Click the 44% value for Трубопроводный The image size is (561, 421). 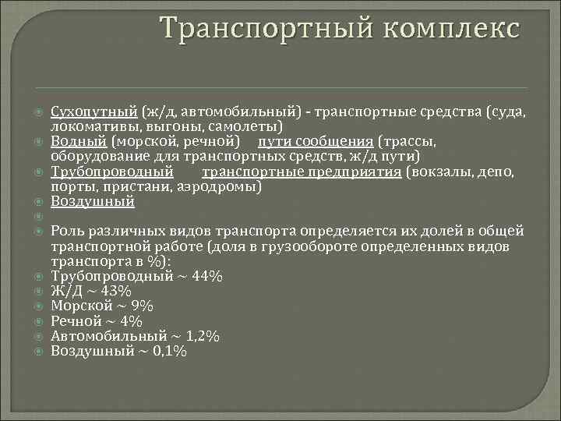coord(206,276)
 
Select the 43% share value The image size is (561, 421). coord(118,291)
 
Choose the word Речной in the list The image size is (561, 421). coord(76,321)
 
